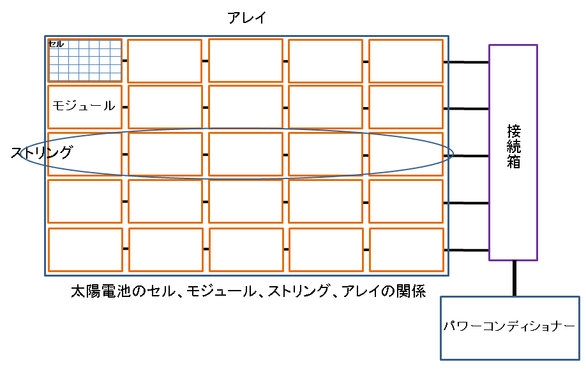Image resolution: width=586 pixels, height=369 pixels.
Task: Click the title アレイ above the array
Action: click(246, 18)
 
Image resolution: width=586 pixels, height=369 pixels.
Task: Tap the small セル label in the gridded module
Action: click(56, 44)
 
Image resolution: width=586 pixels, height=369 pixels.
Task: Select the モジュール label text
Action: click(84, 106)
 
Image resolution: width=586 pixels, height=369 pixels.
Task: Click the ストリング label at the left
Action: click(41, 153)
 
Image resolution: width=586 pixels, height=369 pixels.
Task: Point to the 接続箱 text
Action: click(513, 147)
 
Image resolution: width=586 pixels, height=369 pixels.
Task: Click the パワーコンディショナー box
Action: click(509, 328)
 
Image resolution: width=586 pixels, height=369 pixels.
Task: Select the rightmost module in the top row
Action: click(405, 61)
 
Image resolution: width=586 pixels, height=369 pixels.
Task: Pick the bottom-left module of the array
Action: click(85, 249)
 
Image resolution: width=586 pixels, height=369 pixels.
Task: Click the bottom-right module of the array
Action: click(406, 249)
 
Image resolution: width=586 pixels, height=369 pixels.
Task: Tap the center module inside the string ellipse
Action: click(246, 154)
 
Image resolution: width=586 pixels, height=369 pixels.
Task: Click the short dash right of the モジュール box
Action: click(125, 108)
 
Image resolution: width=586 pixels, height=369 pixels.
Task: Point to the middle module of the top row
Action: click(246, 61)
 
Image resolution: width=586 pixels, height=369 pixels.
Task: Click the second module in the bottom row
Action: click(166, 249)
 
